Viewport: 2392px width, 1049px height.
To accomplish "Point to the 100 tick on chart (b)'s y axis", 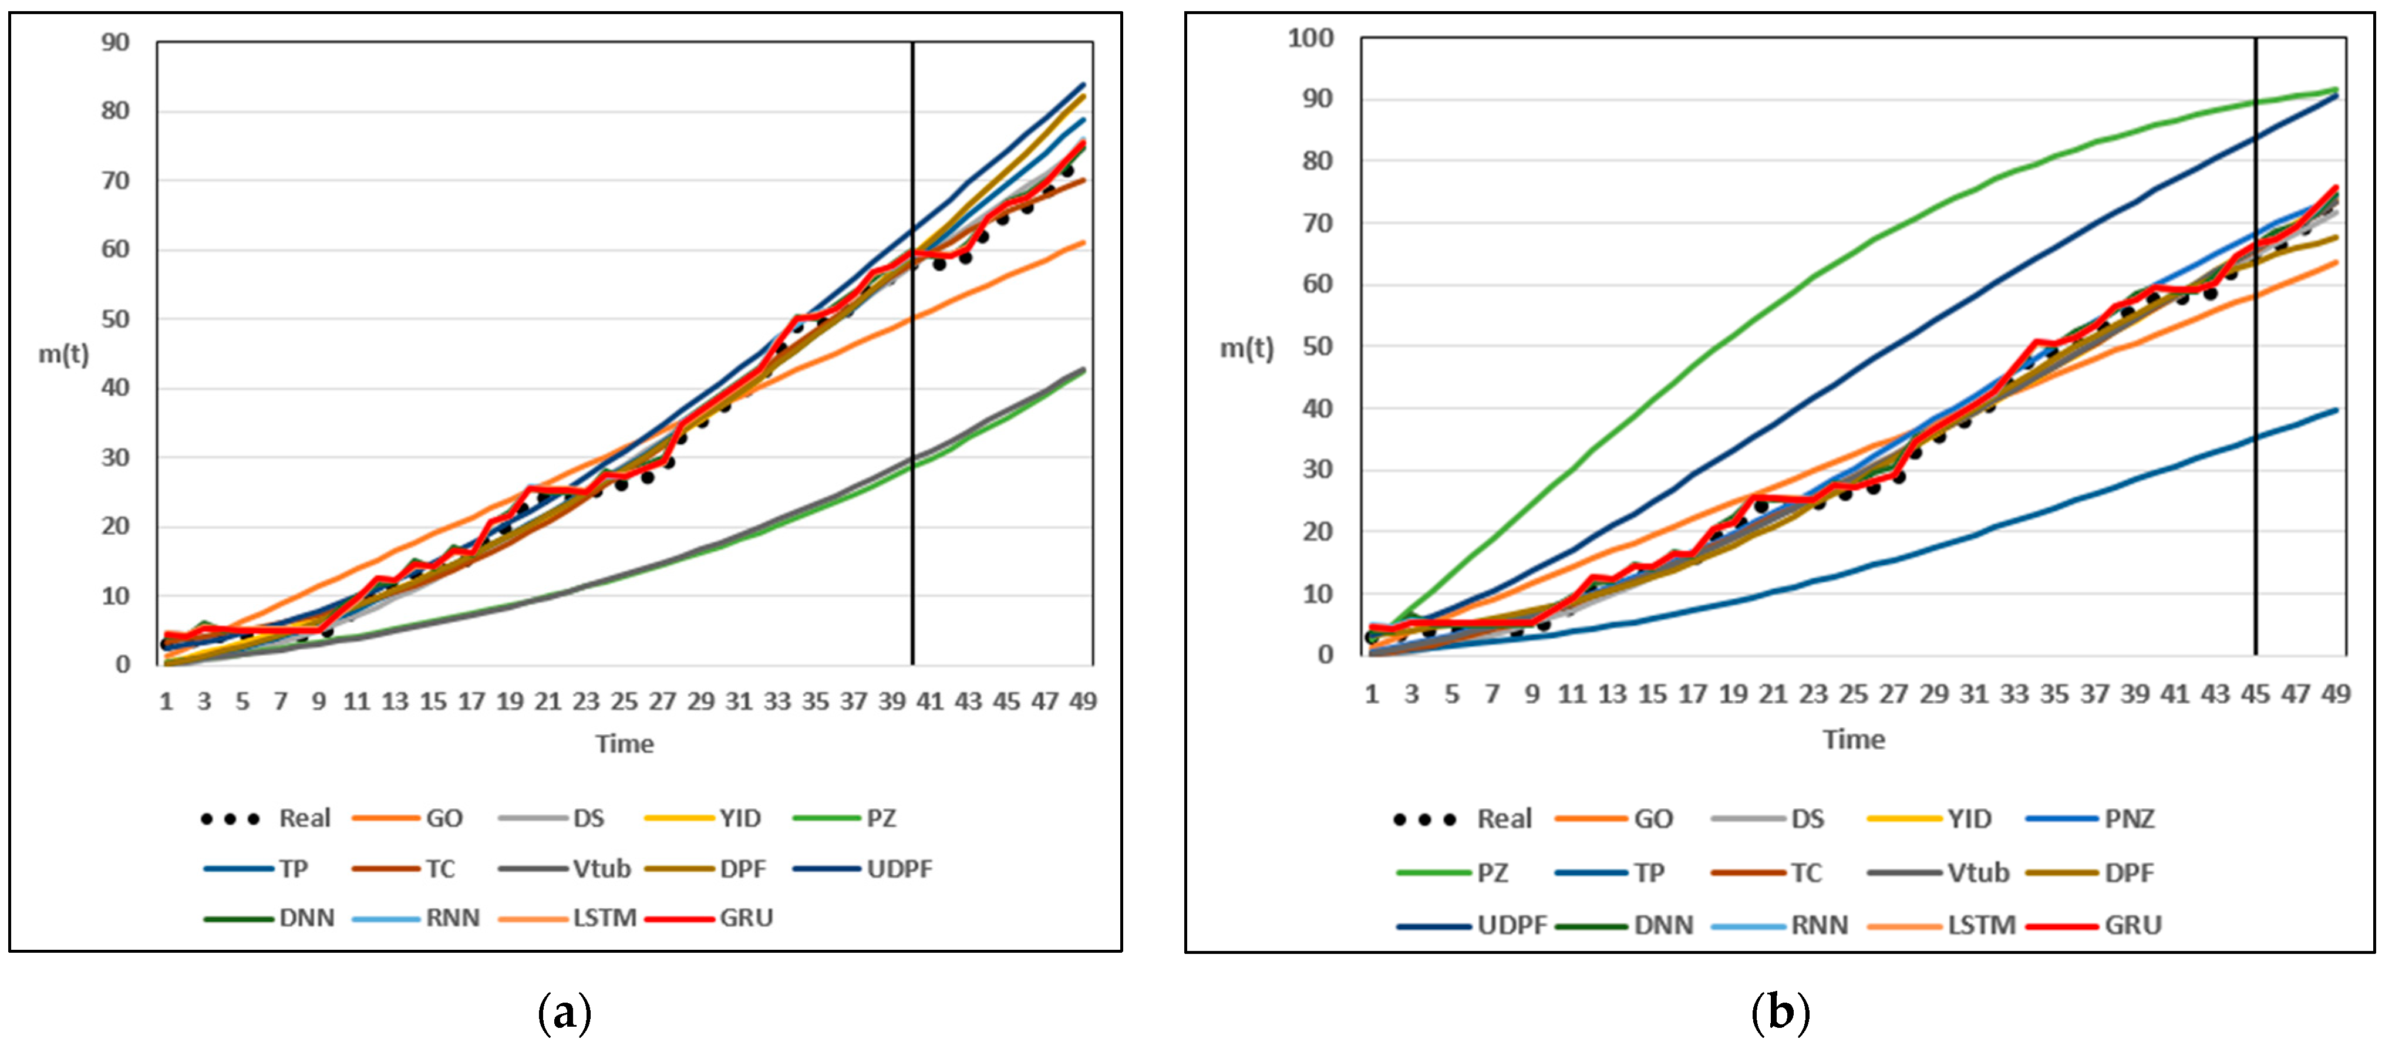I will point(1310,38).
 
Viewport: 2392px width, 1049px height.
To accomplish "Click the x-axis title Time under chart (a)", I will point(624,744).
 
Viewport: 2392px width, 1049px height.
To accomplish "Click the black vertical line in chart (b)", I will point(2256,372).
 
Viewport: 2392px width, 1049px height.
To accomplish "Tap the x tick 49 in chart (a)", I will point(1083,702).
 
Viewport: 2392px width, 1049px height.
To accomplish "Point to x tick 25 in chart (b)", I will point(1854,694).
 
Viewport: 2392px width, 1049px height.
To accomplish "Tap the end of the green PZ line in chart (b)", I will point(2336,90).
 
